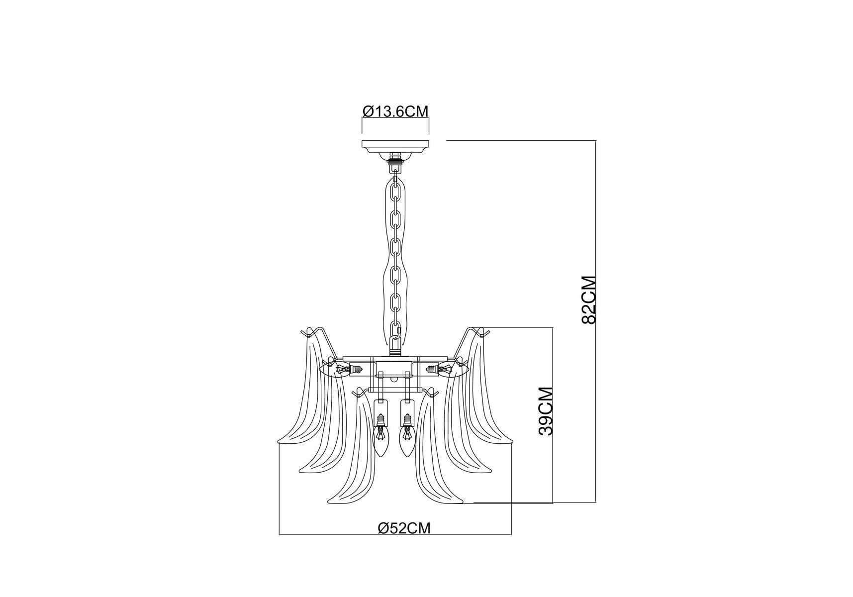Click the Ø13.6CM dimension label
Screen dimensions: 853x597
(395, 110)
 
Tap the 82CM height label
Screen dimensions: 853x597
(588, 300)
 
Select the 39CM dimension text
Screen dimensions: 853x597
(546, 411)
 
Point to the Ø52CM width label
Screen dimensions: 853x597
(404, 528)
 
